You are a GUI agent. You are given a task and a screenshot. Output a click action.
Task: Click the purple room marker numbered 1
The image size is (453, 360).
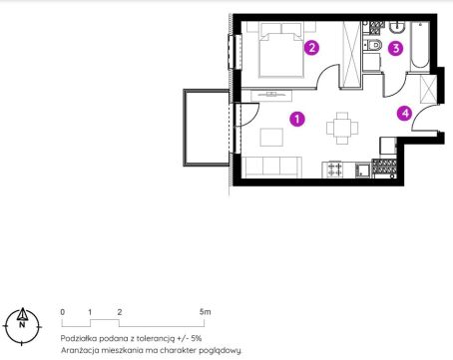coord(297,119)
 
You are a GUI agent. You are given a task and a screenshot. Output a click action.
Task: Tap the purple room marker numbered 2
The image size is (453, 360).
coord(311,48)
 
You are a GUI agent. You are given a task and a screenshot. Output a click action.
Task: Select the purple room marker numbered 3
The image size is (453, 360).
coord(395,48)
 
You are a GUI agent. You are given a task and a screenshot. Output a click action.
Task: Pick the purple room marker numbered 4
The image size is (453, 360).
coord(404,114)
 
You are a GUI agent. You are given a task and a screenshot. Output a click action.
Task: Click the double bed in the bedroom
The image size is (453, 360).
coord(281,50)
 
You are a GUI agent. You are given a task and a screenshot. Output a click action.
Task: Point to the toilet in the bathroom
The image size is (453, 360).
coord(372,45)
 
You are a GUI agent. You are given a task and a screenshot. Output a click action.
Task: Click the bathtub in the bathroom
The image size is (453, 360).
coord(419,46)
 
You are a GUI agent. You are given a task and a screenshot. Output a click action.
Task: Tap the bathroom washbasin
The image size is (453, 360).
coord(397,28)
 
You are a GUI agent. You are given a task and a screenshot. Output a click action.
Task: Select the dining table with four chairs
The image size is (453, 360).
coord(342,128)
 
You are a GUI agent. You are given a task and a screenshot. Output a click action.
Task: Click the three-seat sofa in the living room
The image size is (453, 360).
coord(272,168)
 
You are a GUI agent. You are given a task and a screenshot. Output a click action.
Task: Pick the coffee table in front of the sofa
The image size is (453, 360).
coord(271,138)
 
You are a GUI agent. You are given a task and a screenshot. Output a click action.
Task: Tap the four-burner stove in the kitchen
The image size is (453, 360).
coord(334,170)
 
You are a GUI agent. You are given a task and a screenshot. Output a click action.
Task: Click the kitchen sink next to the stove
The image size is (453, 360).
coord(363,171)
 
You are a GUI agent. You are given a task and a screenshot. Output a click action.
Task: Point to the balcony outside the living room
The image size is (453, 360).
coord(207,128)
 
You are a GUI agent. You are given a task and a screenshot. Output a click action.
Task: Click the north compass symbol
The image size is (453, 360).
coord(22,326)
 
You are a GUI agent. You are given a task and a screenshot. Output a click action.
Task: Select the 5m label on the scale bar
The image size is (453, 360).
coord(206,312)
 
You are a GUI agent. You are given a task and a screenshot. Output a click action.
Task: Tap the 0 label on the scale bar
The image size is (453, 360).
coord(63,312)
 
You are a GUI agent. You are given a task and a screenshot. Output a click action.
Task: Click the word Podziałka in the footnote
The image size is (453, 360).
coord(78,338)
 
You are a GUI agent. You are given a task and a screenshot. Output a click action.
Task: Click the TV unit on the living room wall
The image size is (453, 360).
coord(271,95)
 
